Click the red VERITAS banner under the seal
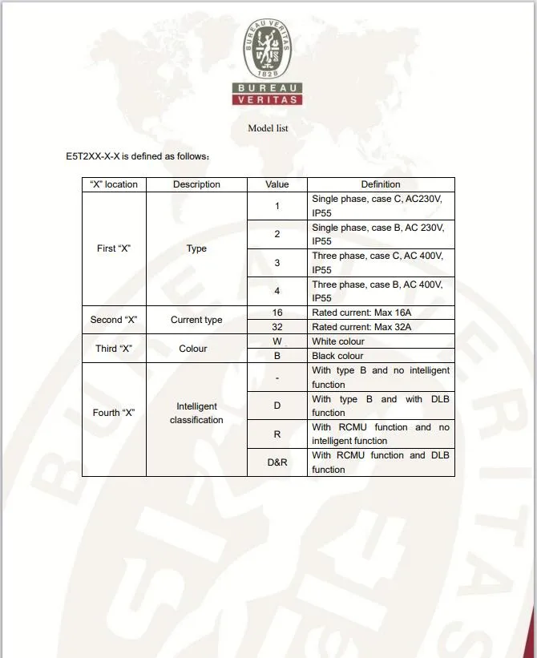click(268, 100)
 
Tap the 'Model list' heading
click(268, 128)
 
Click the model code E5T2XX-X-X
click(92, 156)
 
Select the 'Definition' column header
click(381, 184)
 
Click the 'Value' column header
click(277, 184)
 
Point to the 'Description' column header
click(196, 184)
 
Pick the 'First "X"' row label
click(114, 248)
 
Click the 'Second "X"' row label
click(114, 320)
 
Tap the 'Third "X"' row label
click(114, 349)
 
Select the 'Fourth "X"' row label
click(114, 413)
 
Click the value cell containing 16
click(277, 313)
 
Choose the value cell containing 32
click(277, 327)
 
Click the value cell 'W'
click(277, 341)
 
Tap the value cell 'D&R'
click(277, 462)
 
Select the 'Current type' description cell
click(196, 320)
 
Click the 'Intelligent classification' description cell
click(196, 413)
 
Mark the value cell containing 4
click(277, 291)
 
